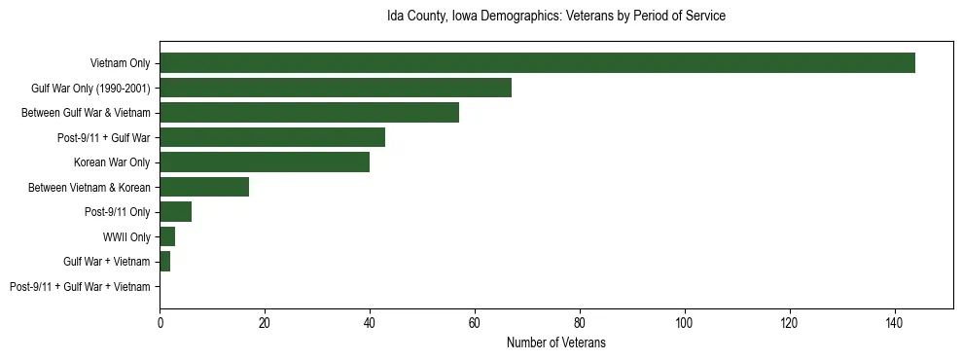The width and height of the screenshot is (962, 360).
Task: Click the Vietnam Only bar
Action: click(537, 63)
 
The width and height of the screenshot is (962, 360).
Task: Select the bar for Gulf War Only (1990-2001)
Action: click(336, 88)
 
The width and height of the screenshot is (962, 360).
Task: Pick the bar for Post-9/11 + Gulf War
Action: click(272, 137)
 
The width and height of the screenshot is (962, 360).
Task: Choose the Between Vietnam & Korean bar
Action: click(204, 187)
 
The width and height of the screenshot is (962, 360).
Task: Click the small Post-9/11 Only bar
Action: click(175, 212)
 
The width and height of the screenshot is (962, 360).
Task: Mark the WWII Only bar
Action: click(167, 236)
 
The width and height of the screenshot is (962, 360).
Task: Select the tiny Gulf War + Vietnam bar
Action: click(164, 262)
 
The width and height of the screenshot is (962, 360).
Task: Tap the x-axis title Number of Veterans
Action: click(556, 342)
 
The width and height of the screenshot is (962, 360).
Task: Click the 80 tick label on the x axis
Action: click(580, 321)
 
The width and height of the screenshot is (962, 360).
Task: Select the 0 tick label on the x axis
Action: click(160, 321)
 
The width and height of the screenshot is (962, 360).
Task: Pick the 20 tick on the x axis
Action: click(265, 321)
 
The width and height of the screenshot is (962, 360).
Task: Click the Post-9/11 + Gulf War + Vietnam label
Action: click(80, 287)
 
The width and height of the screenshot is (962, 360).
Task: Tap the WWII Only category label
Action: click(126, 237)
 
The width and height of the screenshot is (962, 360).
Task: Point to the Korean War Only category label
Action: click(112, 162)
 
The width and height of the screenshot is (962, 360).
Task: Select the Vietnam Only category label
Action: click(120, 63)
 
